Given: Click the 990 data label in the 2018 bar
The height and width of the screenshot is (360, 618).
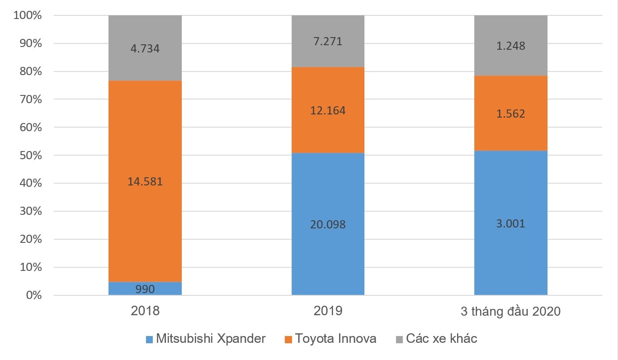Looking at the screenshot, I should point(145,289).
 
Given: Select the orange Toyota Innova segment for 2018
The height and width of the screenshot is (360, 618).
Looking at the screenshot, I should point(145,149).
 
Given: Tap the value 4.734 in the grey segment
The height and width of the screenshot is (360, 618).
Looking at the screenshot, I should point(145,48).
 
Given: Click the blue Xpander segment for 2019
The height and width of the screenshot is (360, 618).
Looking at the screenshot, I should point(328,253).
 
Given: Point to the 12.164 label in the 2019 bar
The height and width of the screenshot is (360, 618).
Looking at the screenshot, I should point(328,110).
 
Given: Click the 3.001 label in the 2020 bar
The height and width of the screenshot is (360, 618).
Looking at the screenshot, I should point(510,223).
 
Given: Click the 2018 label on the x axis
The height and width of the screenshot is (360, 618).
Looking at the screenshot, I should point(145,312).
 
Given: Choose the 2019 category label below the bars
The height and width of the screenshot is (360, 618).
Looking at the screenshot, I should point(328,312).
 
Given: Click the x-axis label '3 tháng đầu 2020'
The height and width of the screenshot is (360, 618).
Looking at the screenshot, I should point(510,312).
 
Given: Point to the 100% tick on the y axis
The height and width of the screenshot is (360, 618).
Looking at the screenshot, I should point(28,16).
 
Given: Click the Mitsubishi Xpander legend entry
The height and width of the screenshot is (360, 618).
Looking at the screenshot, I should point(211,339).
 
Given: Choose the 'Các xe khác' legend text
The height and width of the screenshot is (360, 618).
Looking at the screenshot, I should point(441,339).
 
